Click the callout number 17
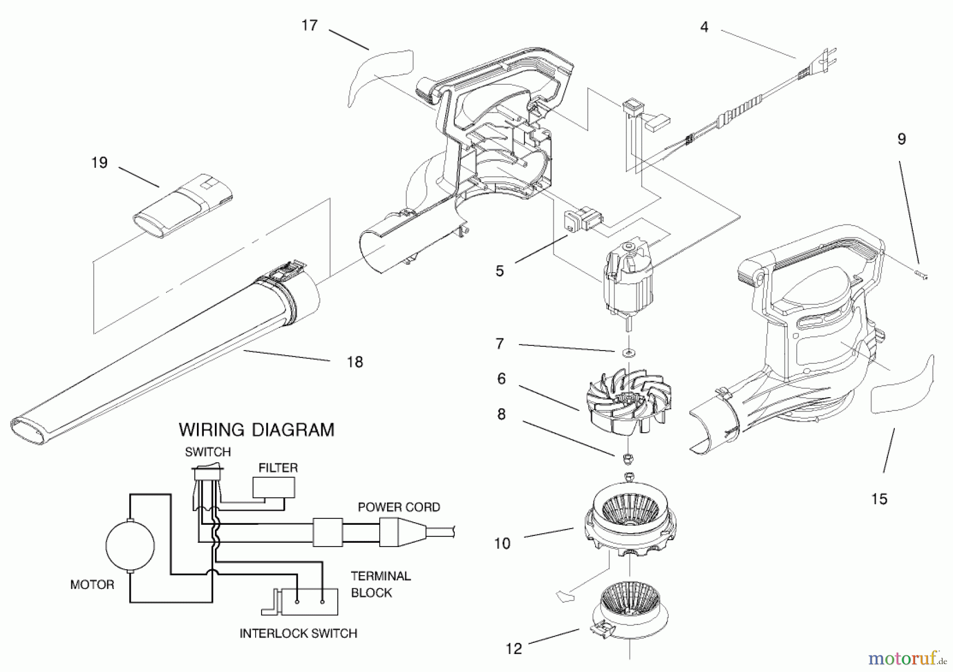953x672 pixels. coord(309,25)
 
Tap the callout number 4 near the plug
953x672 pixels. coord(704,27)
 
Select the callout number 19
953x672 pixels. coord(100,163)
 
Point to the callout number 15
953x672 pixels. coord(879,499)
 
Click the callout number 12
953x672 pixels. coord(514,649)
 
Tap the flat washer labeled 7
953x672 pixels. coord(629,352)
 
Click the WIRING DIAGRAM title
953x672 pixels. coord(256,429)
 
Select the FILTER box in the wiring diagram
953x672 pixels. coord(274,487)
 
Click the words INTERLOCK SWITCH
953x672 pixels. coord(298,633)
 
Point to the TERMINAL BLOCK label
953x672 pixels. coord(380,584)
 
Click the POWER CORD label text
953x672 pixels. coord(399,507)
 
